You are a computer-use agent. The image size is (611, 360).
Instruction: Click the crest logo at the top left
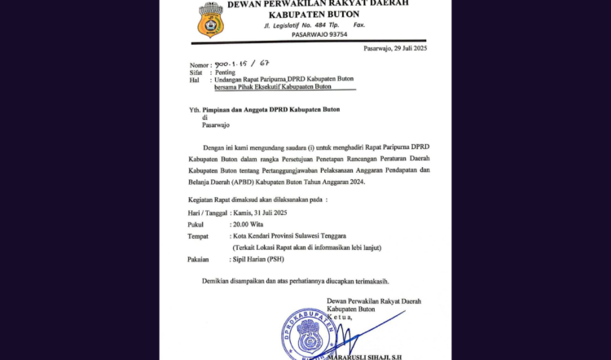point(210,20)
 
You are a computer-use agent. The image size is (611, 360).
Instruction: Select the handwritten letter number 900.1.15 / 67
point(240,64)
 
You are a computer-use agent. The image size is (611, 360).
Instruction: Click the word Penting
point(225,72)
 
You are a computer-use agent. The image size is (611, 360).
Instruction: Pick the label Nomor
point(199,64)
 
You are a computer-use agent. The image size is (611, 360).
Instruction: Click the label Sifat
point(196,72)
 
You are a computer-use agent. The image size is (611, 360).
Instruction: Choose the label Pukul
point(196,224)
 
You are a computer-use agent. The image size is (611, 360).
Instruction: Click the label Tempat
point(197,235)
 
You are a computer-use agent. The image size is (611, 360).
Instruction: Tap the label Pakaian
point(198,259)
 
